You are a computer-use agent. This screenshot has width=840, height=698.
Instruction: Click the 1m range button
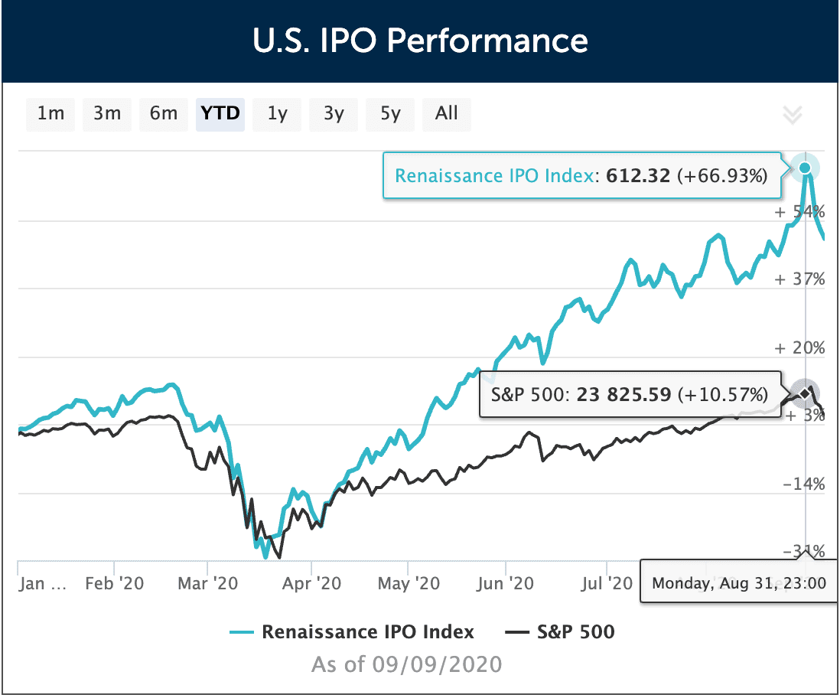point(50,114)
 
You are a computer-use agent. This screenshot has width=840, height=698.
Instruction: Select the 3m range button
point(107,114)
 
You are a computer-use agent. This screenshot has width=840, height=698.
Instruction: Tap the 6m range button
point(164,114)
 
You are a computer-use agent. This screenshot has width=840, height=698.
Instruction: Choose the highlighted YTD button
point(220,114)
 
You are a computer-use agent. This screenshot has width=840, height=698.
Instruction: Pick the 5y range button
point(390,114)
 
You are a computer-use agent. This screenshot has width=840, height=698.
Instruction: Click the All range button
point(446,114)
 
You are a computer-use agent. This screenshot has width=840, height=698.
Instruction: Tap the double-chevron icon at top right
point(793,116)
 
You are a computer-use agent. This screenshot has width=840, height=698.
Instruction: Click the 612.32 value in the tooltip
point(638,176)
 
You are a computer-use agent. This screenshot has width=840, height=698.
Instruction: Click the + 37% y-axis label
point(799,279)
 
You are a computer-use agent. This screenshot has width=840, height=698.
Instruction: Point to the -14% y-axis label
point(803,484)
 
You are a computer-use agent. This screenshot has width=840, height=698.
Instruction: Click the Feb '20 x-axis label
point(114,584)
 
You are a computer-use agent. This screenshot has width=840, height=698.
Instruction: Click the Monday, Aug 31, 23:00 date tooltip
point(738,583)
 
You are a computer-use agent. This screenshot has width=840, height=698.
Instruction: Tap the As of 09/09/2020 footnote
point(406,664)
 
